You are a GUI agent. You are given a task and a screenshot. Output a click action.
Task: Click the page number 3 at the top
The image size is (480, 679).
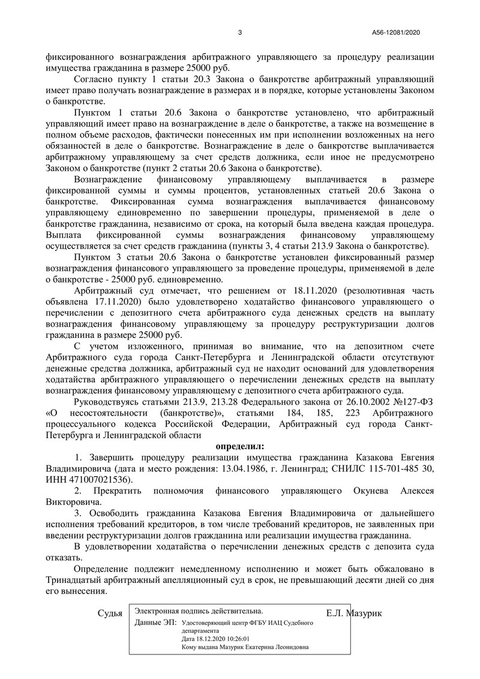tap(239, 32)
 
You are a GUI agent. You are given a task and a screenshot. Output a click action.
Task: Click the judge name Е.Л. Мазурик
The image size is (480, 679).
tap(355, 613)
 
